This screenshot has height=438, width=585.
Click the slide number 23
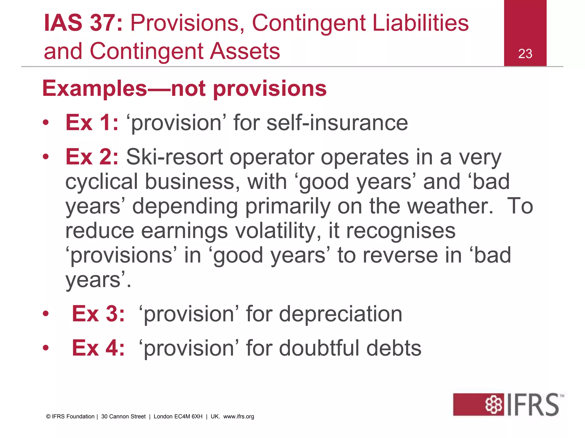tap(525, 54)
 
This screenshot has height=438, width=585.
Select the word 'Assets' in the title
tap(245, 51)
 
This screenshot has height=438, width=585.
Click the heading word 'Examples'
tap(95, 89)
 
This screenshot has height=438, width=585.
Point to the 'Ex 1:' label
tap(92, 123)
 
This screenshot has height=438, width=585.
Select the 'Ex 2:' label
tap(92, 157)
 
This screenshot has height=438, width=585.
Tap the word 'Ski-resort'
tap(174, 157)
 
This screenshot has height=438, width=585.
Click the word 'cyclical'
tap(101, 182)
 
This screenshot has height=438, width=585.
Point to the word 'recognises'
tap(401, 231)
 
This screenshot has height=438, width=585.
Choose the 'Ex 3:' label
tap(98, 314)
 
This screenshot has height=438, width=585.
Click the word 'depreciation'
tap(340, 314)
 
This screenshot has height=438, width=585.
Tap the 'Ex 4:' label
tap(98, 348)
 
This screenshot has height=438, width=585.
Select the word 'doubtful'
tap(319, 348)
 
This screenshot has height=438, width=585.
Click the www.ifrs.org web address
tap(239, 417)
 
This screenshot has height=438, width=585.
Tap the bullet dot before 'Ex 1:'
tap(46, 123)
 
